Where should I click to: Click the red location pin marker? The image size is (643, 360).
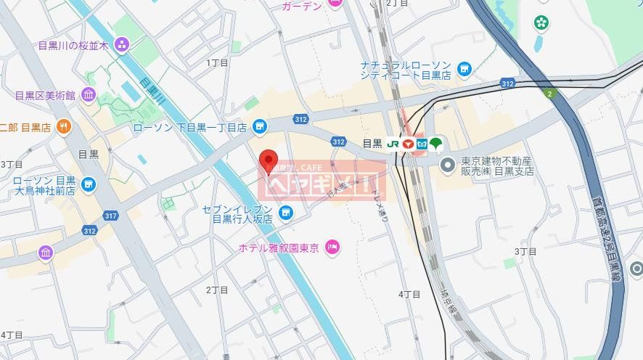[269, 160]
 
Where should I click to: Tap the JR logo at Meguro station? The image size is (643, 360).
[393, 144]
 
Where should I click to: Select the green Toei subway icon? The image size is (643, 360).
[435, 144]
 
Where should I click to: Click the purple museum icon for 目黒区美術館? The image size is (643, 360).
[89, 94]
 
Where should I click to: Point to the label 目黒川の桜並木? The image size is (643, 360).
[73, 45]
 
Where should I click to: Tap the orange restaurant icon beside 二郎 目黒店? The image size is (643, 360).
[64, 126]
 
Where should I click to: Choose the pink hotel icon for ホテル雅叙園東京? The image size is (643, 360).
[332, 247]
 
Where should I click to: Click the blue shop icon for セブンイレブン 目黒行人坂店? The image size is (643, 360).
[287, 213]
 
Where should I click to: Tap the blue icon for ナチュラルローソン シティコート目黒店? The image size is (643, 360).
[464, 70]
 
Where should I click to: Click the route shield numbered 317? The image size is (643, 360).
[110, 216]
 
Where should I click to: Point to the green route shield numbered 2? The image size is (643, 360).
[549, 93]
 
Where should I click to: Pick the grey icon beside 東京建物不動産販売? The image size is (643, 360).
[448, 165]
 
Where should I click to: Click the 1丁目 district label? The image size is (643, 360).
[217, 63]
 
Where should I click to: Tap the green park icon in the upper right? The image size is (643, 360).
[541, 22]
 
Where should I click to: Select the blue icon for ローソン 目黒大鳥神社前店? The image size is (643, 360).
[89, 185]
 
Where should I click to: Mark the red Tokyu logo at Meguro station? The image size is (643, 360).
[408, 144]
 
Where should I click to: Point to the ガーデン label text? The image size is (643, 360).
[303, 5]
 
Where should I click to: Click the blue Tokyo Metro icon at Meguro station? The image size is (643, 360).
[422, 144]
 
